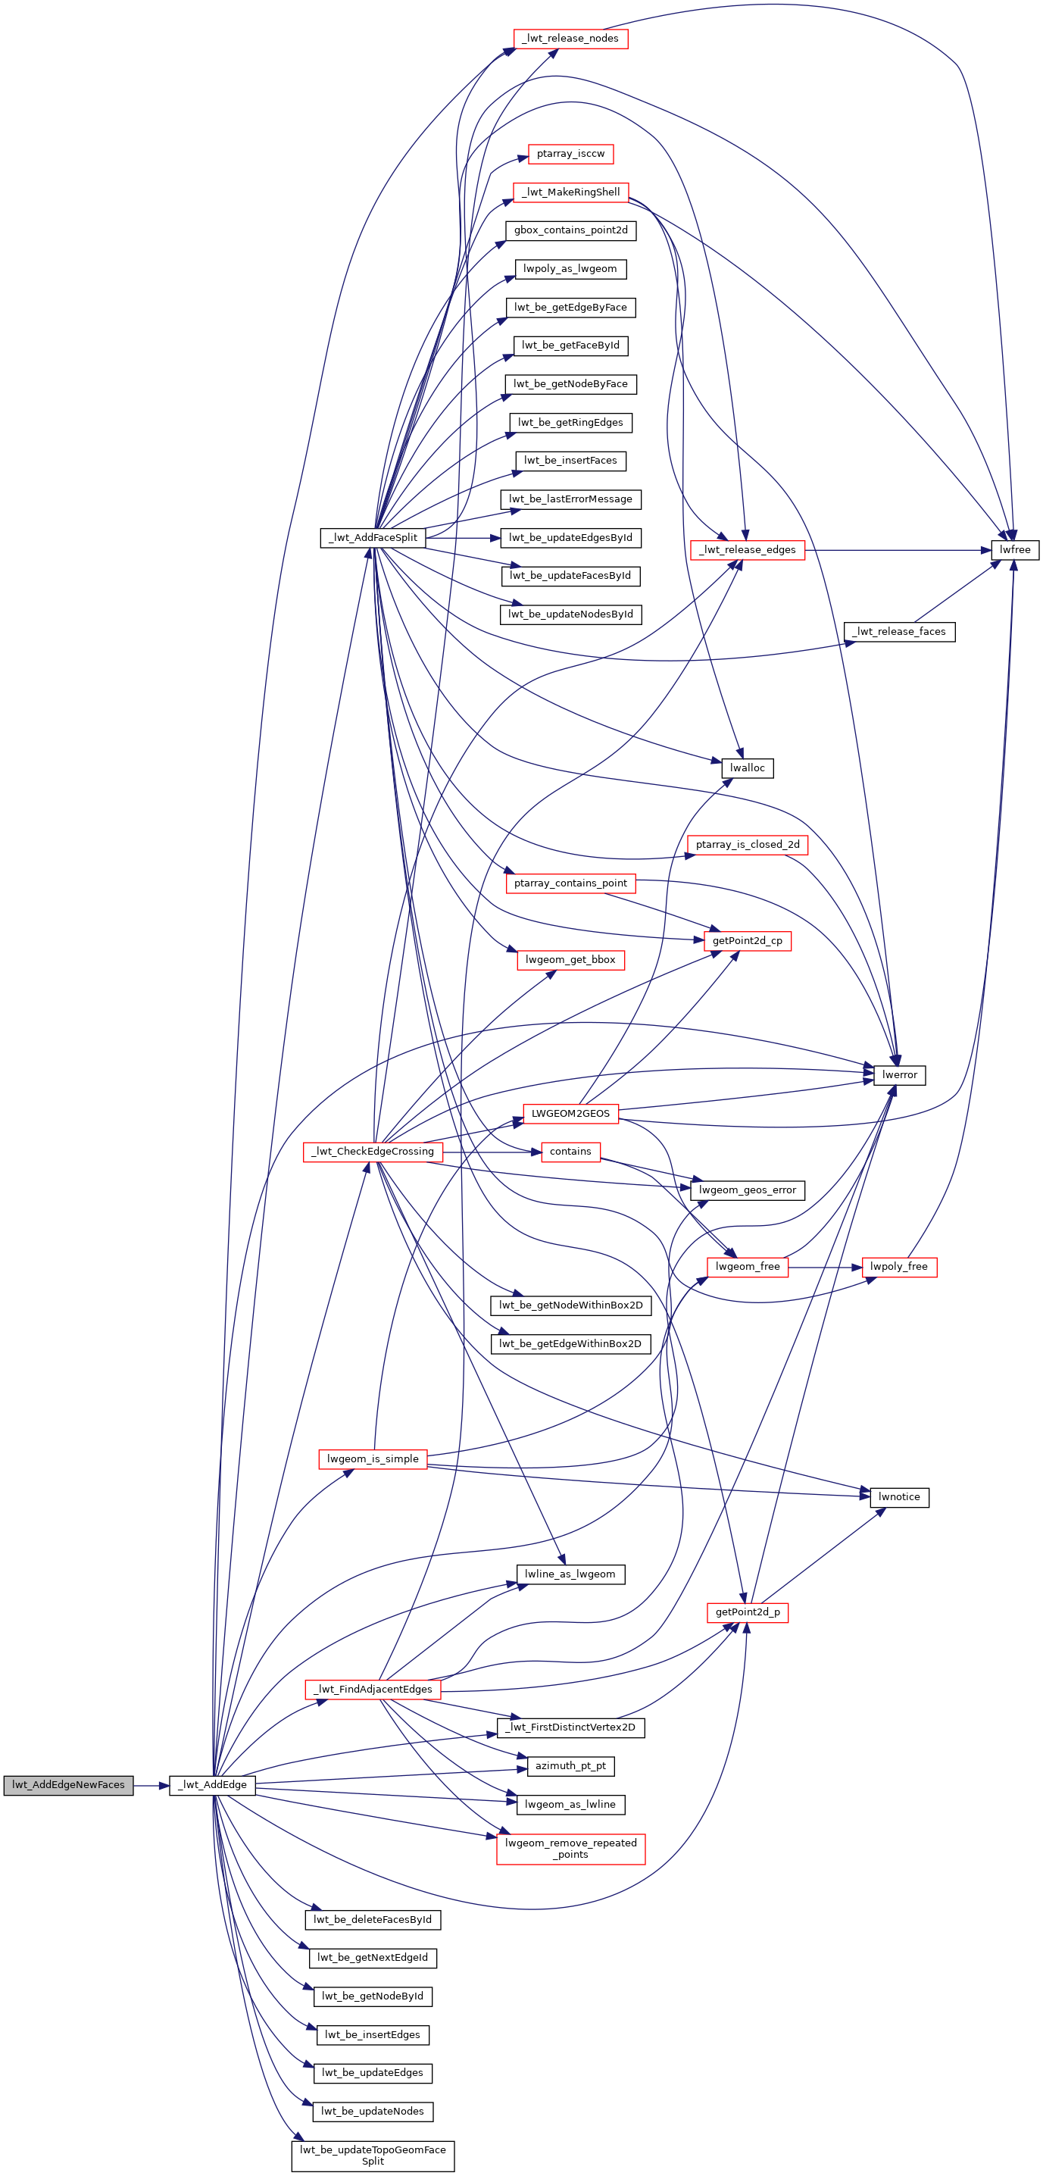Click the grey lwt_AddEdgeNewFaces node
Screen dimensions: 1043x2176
coord(68,1785)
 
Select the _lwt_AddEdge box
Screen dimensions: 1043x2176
coord(212,1785)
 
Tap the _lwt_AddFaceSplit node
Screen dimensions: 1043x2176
coord(373,537)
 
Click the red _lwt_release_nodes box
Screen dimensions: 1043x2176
coord(570,39)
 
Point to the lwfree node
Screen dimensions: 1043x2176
coord(1014,550)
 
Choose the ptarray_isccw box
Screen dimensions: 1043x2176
coord(570,154)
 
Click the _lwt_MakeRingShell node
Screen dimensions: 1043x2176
coord(570,192)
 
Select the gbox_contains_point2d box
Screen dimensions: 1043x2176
coord(570,230)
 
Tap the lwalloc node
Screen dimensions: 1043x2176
coord(748,768)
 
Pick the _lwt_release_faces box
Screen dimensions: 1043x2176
coord(899,632)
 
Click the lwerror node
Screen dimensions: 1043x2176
coord(899,1075)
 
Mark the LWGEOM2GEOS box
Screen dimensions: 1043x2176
coord(570,1113)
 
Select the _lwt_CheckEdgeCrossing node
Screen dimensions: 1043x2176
coord(373,1152)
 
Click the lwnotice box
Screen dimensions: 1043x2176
coord(899,1497)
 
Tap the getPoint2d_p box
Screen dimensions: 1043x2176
coord(748,1612)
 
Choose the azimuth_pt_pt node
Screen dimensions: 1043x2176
coord(570,1765)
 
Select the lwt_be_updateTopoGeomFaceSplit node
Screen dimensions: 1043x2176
coord(373,2155)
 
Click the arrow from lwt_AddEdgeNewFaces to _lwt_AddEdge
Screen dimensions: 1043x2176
coord(151,1785)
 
